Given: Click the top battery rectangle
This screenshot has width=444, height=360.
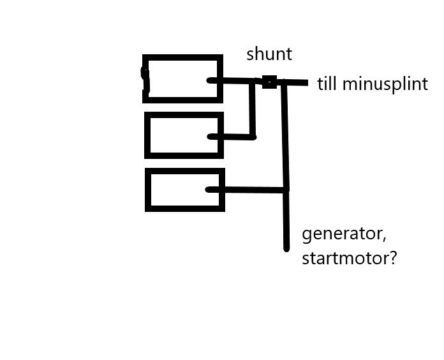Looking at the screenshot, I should [183, 79].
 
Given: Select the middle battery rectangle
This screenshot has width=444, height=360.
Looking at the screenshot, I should [184, 135].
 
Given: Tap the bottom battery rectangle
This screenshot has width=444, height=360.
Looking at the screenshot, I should [185, 190].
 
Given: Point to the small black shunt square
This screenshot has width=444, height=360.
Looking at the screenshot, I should [269, 82].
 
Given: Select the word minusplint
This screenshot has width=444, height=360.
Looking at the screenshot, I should [385, 84].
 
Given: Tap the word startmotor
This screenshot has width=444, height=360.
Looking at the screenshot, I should [345, 260].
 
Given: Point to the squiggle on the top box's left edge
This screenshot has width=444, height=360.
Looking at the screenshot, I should [145, 80].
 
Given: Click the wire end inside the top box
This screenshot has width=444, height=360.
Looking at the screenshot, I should [210, 80].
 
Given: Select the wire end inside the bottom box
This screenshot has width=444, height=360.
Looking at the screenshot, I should [209, 189].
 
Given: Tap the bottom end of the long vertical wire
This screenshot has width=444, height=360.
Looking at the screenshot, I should [286, 248].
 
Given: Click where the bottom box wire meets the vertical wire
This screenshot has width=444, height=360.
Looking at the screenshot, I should [286, 189].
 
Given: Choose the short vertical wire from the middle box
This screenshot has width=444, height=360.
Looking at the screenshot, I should [253, 109].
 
